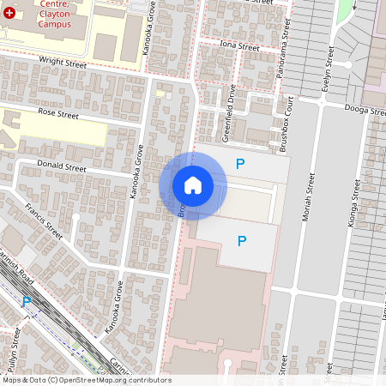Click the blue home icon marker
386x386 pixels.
(193, 184)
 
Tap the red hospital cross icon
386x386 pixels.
(9, 15)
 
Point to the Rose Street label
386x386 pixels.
(58, 113)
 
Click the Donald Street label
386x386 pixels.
(63, 166)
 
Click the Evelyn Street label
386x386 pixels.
(328, 69)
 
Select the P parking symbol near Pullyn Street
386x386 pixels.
(27, 301)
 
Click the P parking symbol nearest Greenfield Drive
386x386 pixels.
(241, 163)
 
